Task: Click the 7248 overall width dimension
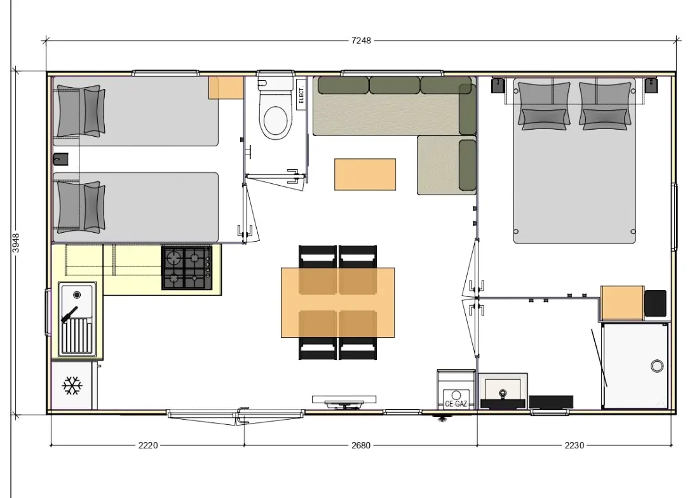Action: (361, 41)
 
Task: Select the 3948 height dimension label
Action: (16, 243)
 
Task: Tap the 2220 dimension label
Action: (148, 445)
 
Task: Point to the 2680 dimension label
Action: (361, 445)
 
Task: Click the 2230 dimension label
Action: (574, 445)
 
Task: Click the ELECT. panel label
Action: (301, 95)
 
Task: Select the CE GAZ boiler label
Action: (456, 404)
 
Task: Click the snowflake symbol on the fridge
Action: (72, 385)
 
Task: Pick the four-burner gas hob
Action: (187, 267)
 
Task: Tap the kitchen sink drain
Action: (77, 295)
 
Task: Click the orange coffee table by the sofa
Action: (365, 174)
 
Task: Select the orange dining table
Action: (338, 303)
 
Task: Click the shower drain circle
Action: (656, 366)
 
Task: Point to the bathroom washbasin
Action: (503, 391)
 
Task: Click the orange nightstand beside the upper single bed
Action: (226, 88)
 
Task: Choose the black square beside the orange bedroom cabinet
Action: (655, 303)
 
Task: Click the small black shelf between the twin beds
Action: (60, 159)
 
